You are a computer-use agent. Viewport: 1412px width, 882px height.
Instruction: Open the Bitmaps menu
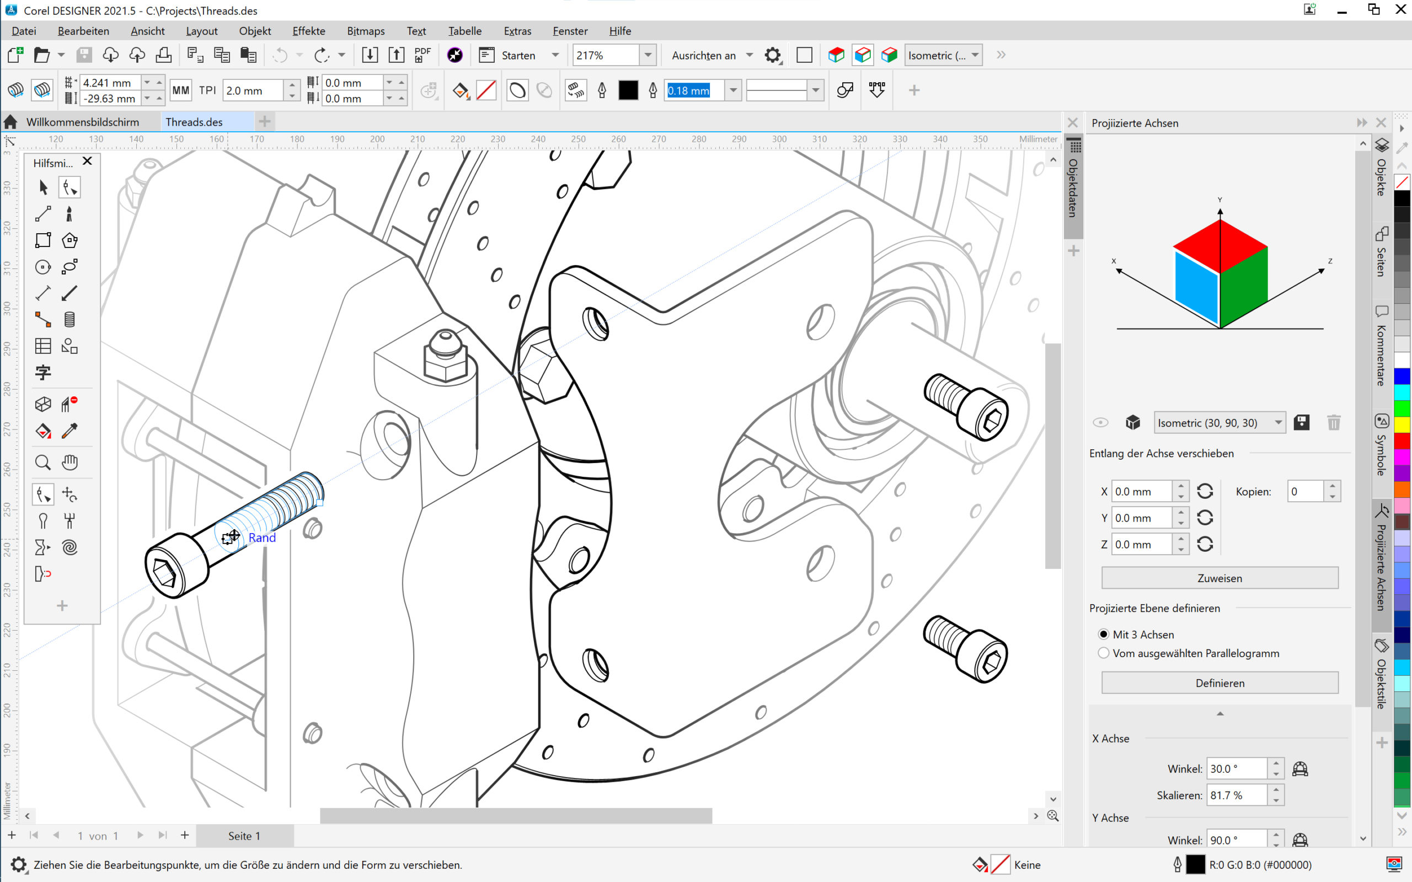(x=365, y=31)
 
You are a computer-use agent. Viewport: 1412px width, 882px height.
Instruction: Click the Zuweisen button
(x=1220, y=578)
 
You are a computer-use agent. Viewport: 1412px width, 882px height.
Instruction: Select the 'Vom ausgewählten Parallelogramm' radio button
(x=1103, y=653)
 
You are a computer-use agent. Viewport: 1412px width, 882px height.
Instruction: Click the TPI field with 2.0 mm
(x=253, y=90)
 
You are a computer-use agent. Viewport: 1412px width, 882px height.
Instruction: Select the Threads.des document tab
(x=194, y=122)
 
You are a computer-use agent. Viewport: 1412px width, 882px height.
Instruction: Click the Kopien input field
(x=1304, y=491)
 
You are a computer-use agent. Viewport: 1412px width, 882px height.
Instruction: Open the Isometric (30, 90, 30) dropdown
(x=1219, y=423)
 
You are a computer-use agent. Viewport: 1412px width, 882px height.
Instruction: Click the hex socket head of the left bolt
(x=164, y=573)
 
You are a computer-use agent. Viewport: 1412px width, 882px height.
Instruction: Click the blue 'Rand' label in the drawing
(x=262, y=538)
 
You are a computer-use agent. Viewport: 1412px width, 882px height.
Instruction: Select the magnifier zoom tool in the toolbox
(x=42, y=462)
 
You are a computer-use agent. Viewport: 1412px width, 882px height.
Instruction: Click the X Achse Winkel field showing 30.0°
(x=1236, y=769)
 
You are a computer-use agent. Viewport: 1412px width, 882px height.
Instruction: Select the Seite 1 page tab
(x=244, y=836)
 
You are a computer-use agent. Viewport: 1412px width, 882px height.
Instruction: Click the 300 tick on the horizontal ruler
(x=779, y=139)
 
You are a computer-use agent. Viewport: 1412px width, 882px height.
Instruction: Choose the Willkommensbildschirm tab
(x=82, y=122)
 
